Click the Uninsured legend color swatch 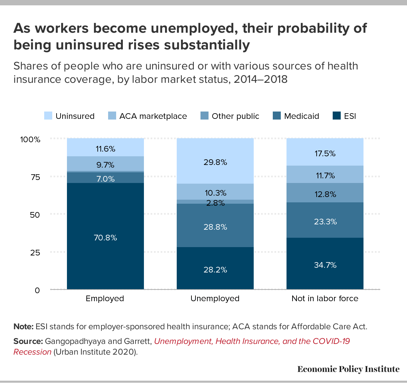tap(48, 116)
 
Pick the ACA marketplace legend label tap(153, 116)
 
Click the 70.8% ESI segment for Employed tap(105, 238)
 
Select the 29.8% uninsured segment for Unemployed tap(215, 162)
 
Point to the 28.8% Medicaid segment tap(215, 227)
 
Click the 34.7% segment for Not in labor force tap(325, 265)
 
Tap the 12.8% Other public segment tap(325, 194)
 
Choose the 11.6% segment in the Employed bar tap(105, 149)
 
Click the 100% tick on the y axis tap(30, 140)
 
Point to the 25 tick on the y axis tap(35, 252)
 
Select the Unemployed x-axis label tap(215, 299)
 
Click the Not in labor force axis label tap(325, 299)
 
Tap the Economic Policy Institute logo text tap(348, 369)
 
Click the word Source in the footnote tap(28, 341)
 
